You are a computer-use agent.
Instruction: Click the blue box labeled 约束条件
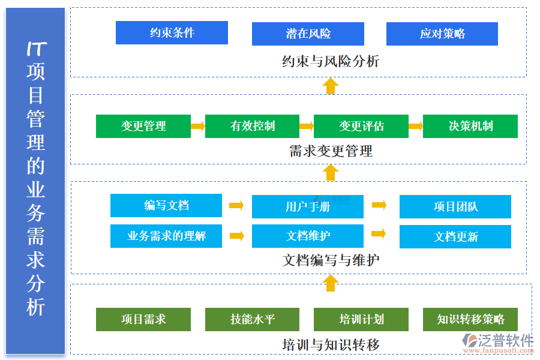click(172, 33)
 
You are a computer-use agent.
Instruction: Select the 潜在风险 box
click(308, 34)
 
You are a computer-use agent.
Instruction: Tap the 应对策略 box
click(442, 34)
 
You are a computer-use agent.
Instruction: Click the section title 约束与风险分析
click(330, 61)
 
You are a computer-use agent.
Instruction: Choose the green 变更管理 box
click(143, 127)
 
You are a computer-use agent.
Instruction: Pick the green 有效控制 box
click(252, 127)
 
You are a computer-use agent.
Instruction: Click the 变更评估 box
click(361, 127)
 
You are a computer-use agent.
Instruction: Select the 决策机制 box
click(470, 127)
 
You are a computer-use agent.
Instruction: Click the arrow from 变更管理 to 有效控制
click(198, 126)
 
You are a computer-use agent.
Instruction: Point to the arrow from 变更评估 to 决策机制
click(416, 126)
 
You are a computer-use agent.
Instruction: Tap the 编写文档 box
click(166, 206)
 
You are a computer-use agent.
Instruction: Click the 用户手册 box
click(308, 207)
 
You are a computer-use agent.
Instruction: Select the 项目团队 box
click(455, 207)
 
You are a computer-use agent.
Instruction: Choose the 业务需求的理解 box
click(166, 236)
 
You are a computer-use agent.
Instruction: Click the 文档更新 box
click(455, 237)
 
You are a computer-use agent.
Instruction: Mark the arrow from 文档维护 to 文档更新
click(379, 234)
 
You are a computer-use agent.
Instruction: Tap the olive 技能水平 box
click(252, 320)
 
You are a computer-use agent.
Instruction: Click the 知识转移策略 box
click(470, 320)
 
